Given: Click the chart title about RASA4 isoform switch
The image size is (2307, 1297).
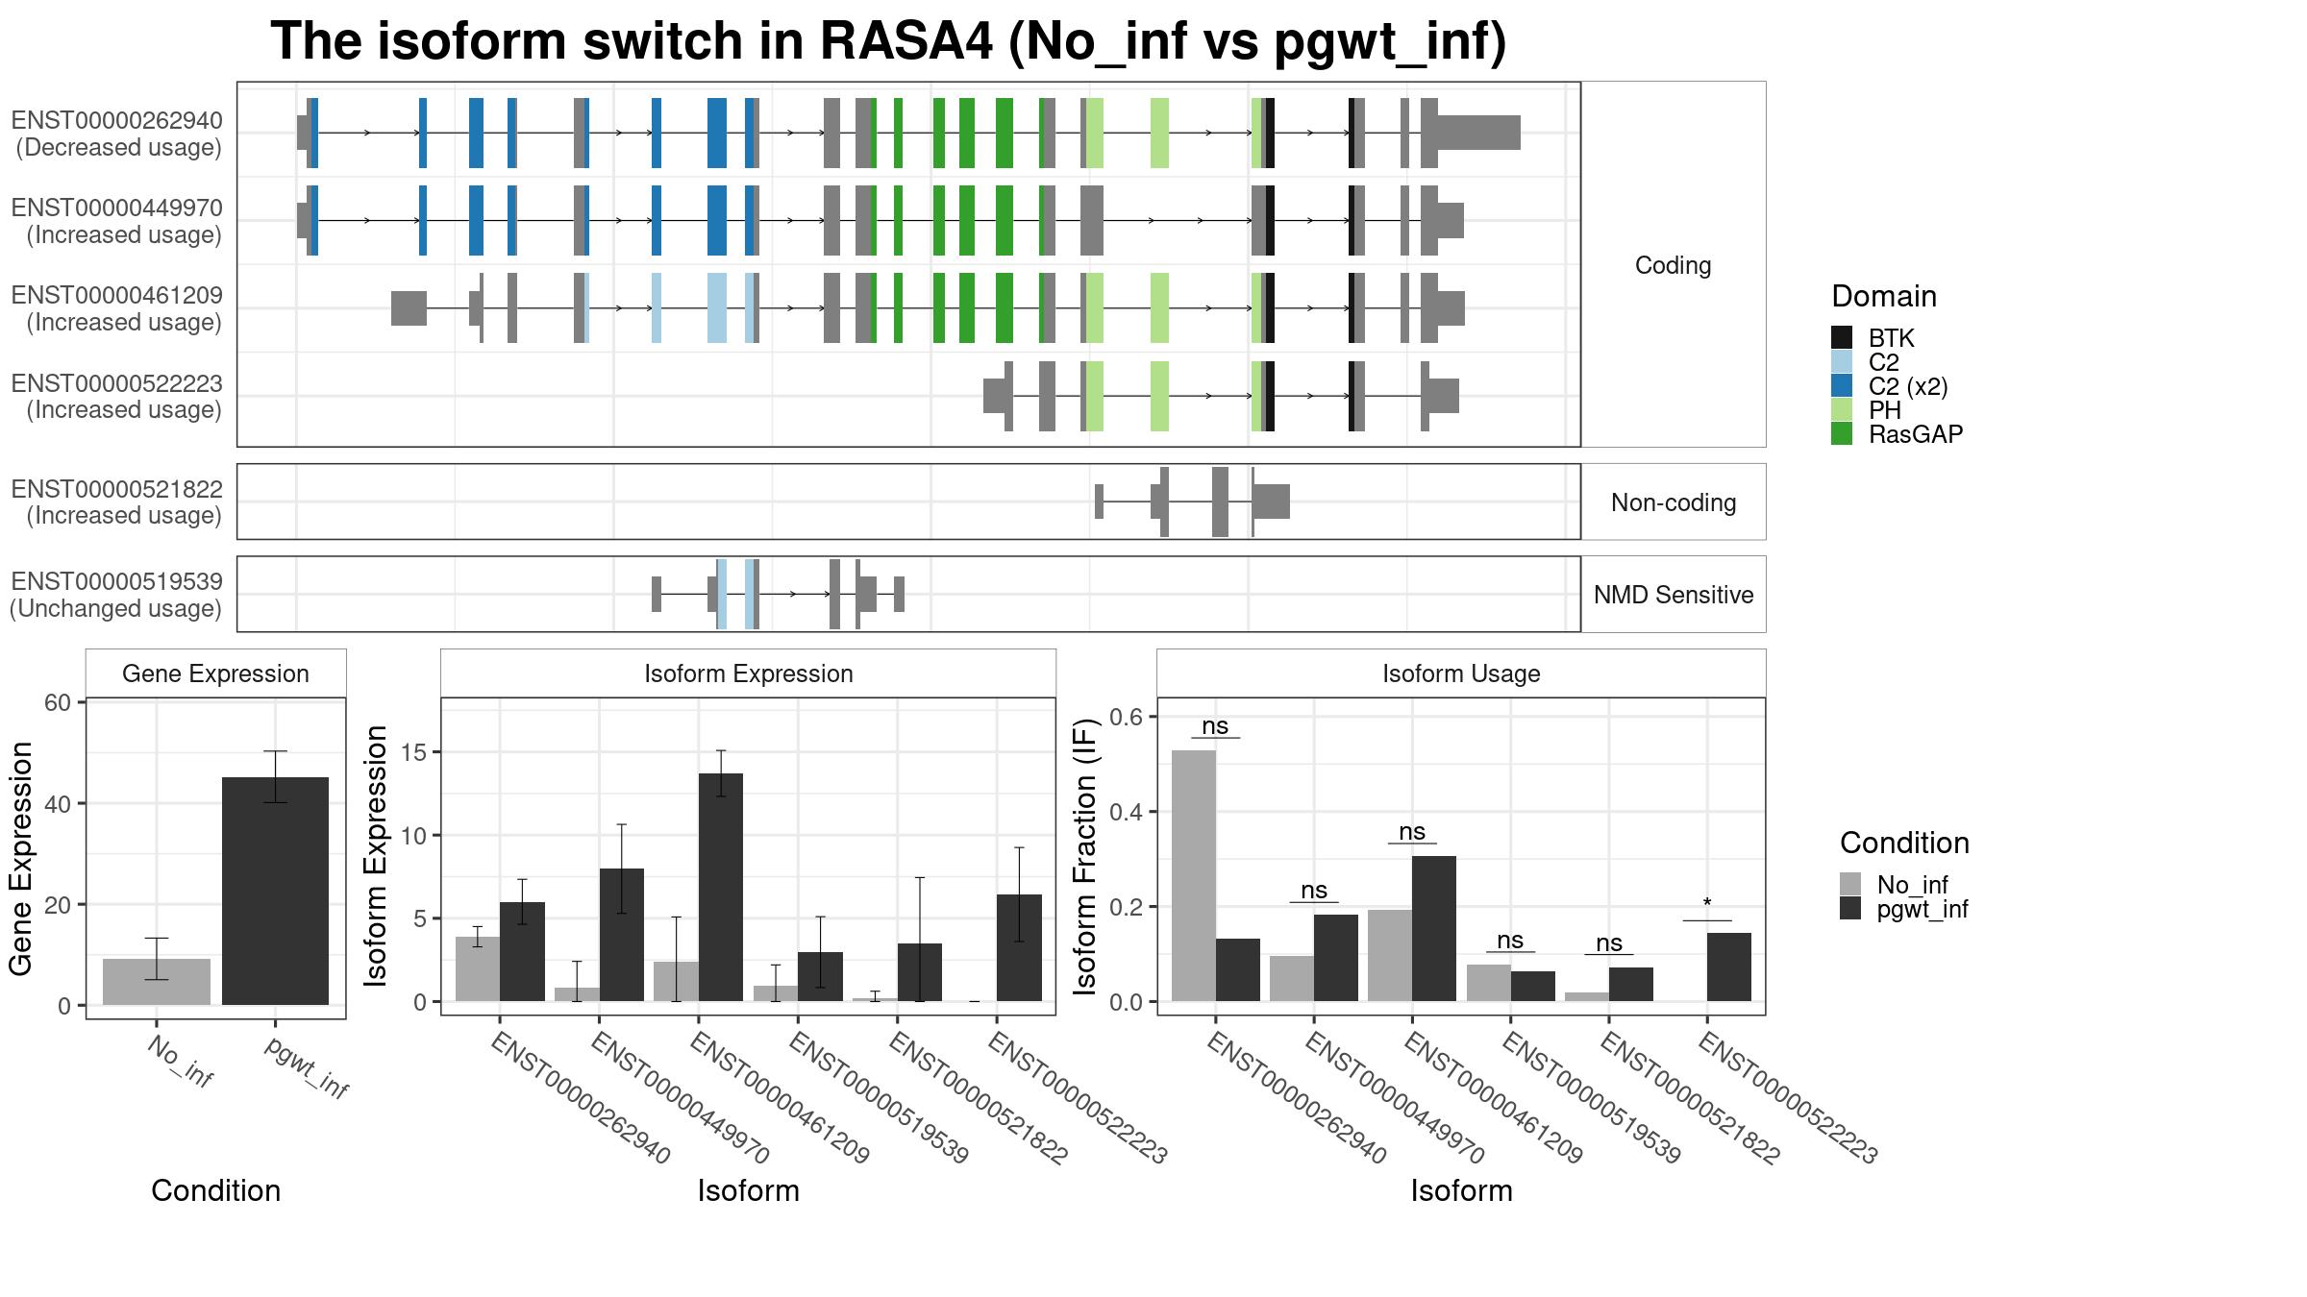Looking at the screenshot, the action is (x=888, y=41).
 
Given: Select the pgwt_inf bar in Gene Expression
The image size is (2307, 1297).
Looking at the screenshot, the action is (x=275, y=891).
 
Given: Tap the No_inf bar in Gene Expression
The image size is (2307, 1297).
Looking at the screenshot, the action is (x=157, y=982).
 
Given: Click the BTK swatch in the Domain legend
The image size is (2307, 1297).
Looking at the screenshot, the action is (x=1842, y=337).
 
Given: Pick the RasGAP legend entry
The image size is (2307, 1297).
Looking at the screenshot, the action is (x=1898, y=433).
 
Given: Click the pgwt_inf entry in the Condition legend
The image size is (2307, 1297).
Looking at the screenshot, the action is (x=1904, y=909).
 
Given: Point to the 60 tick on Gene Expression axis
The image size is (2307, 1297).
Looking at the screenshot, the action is (x=58, y=702).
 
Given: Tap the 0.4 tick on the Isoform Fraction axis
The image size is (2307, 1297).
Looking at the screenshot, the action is (x=1127, y=812).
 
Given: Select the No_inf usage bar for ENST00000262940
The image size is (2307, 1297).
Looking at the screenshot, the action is (x=1194, y=875).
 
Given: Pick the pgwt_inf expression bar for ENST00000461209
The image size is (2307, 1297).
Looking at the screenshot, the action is (x=721, y=887).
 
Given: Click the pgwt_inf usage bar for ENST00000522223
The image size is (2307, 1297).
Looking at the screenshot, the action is (x=1729, y=967).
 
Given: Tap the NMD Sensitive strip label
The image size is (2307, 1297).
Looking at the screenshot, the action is (x=1674, y=595).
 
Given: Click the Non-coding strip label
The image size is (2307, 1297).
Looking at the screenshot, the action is (x=1674, y=502).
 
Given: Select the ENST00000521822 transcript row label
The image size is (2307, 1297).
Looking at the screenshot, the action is (x=116, y=502).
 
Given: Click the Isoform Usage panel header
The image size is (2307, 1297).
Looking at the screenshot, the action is (x=1461, y=673).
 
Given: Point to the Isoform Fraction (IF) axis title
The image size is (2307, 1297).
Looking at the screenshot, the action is (x=1085, y=856).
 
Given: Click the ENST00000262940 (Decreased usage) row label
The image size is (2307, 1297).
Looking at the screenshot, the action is (x=116, y=134).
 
